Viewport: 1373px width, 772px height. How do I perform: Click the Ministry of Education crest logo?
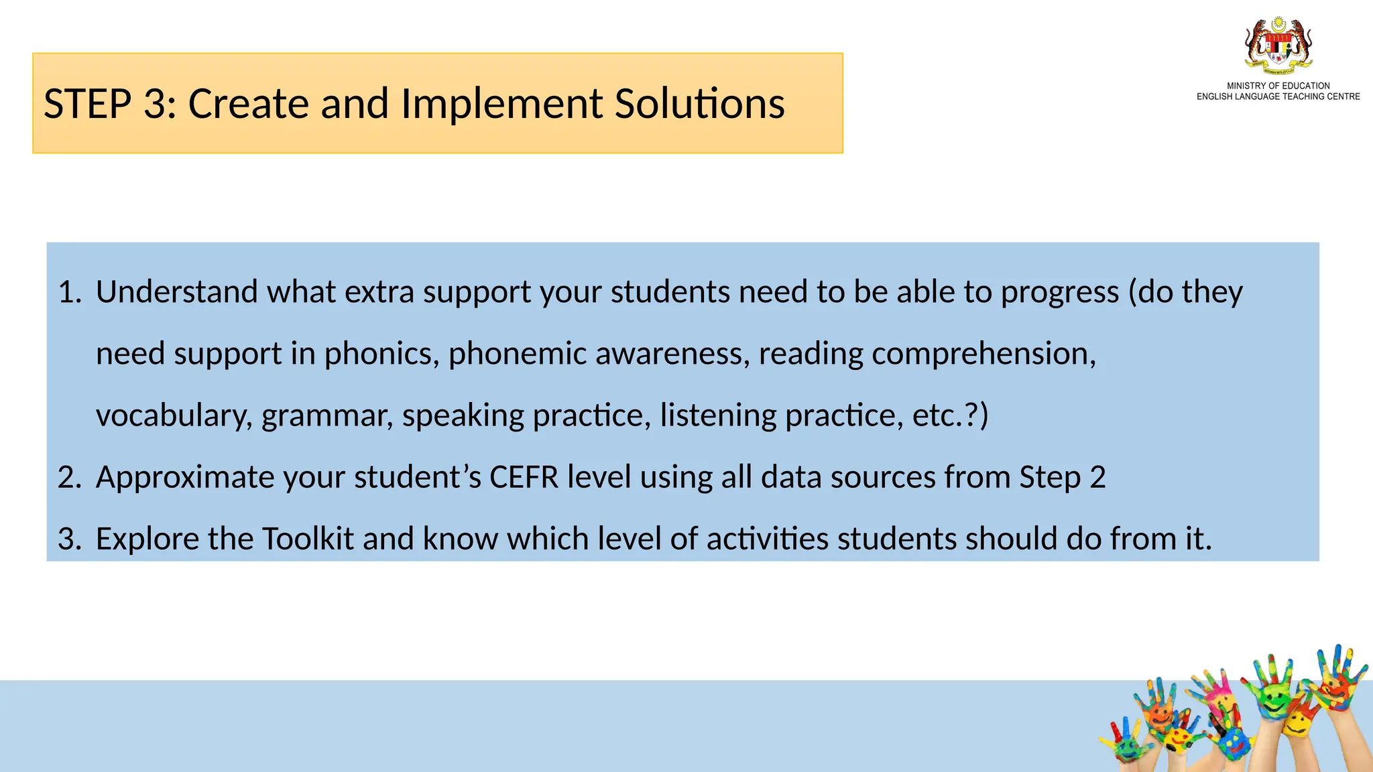coord(1278,46)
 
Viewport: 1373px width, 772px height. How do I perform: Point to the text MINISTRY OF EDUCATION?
coord(1278,86)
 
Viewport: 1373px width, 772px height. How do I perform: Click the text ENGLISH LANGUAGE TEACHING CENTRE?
coord(1278,96)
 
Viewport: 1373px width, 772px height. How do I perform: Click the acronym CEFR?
coord(524,477)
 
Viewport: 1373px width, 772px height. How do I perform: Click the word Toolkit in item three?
coord(307,539)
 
